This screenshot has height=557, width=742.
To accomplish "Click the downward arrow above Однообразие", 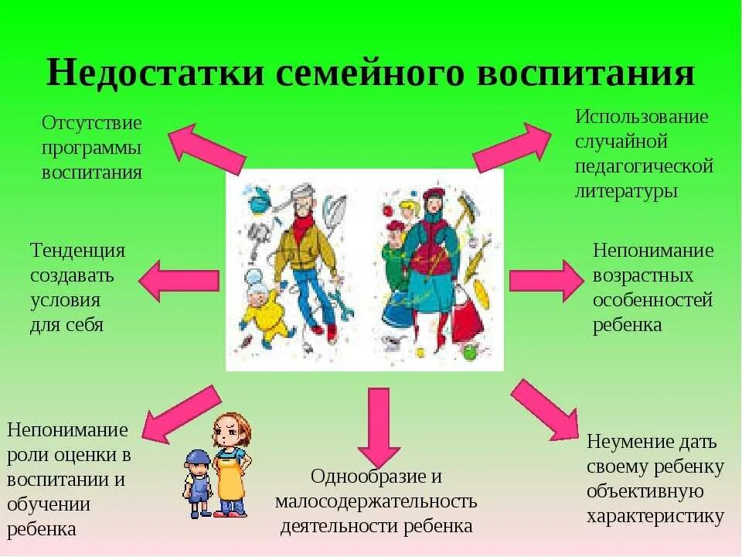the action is (x=379, y=425).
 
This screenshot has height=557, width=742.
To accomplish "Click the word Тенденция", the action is (x=77, y=251).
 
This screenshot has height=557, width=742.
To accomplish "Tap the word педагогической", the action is (x=644, y=166).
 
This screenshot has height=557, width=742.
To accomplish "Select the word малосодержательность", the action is (x=376, y=501).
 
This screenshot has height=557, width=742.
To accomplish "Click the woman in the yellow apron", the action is (x=230, y=464).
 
